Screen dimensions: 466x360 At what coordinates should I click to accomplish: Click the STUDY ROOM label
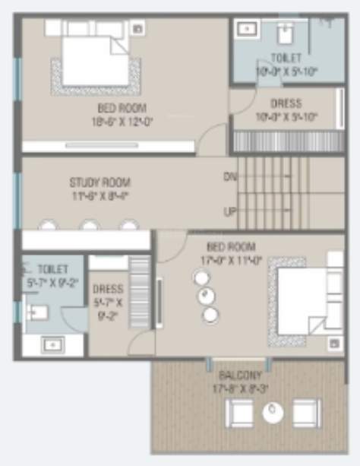99,182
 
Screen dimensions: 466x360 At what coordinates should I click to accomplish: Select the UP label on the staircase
229,211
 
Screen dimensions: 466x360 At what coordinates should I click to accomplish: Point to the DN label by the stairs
230,177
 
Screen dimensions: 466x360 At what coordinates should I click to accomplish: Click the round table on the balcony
272,413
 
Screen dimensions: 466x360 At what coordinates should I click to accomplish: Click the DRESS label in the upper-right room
286,103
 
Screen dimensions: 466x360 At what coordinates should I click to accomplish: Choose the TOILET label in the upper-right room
286,59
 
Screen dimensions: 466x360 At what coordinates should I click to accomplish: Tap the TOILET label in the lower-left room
52,270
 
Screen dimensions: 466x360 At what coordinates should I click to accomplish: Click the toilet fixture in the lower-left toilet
36,312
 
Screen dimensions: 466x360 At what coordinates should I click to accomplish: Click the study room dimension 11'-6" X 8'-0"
99,195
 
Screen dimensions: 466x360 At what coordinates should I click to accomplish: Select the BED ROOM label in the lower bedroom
231,246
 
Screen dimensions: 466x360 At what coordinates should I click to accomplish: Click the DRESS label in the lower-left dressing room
107,289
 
